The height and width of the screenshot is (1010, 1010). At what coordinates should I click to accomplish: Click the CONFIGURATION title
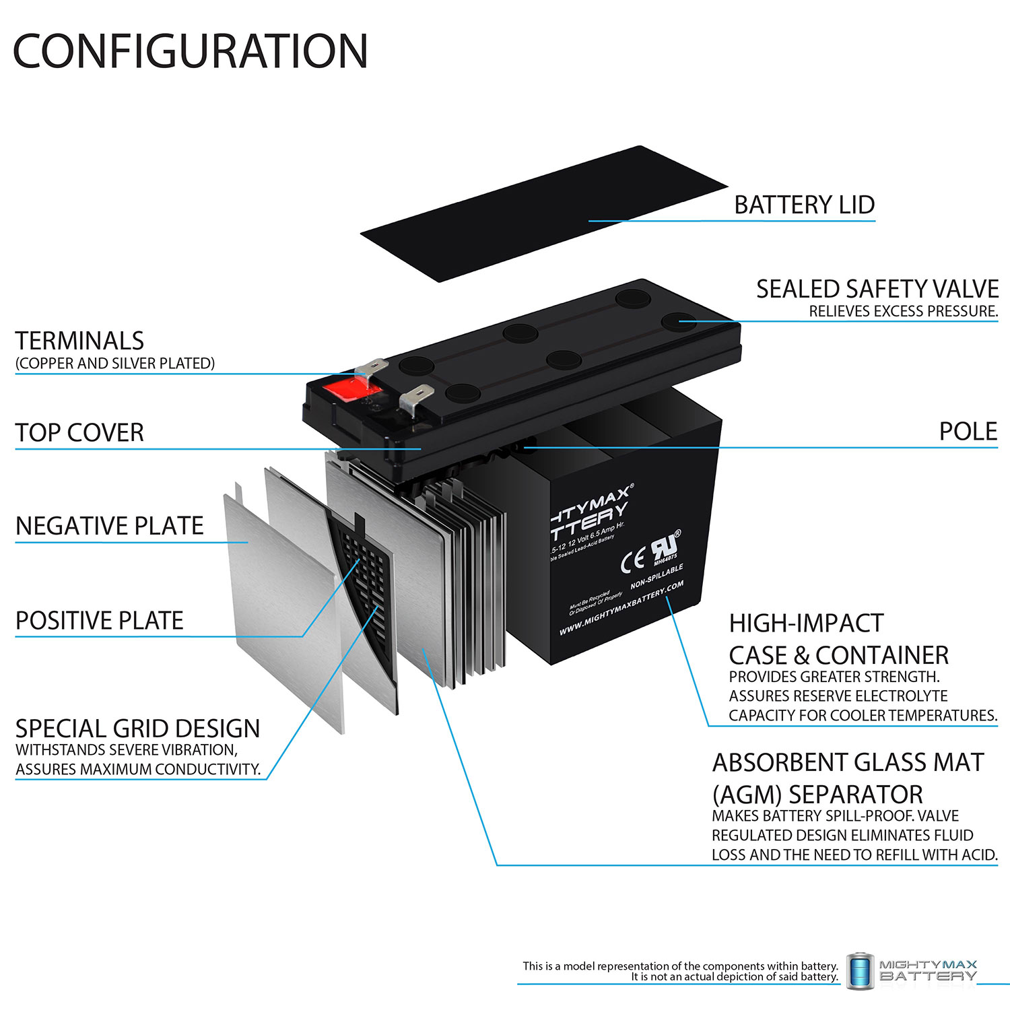191,51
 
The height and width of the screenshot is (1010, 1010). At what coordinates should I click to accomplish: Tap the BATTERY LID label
804,205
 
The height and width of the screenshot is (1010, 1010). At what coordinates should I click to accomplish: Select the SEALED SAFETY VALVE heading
877,289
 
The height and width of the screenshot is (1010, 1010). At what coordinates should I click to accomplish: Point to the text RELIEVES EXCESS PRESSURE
903,311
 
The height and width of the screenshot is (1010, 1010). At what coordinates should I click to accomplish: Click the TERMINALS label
79,341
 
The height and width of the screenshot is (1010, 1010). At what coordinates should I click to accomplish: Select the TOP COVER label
79,432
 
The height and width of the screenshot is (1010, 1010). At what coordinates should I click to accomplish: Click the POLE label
968,432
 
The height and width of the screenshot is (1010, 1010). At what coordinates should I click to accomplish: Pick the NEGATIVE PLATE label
109,525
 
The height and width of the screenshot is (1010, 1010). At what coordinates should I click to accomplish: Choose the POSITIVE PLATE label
99,620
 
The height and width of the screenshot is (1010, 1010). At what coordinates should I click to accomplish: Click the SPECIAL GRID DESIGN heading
137,729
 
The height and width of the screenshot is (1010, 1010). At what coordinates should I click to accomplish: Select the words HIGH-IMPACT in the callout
806,624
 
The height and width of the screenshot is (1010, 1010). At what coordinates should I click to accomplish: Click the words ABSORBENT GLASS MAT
848,762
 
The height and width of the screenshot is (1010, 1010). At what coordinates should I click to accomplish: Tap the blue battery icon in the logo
860,971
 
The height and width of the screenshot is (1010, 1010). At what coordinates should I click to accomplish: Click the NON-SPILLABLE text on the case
656,576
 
